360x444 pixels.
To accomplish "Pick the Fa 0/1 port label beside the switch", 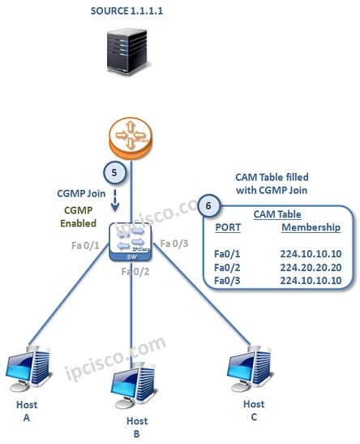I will pos(88,244).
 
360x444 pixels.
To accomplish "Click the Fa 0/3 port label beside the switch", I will pos(175,243).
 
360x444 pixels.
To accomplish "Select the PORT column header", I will pos(227,227).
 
